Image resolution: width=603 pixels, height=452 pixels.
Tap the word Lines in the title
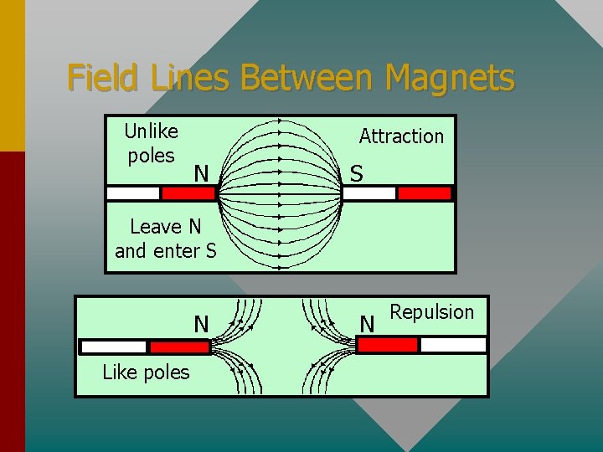192,79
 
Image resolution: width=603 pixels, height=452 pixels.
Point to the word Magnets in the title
450,79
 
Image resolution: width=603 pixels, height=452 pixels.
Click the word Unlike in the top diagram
151,131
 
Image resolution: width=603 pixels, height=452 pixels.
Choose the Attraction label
401,136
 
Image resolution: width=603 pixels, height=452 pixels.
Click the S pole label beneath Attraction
357,174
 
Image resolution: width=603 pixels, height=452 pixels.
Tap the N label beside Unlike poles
201,174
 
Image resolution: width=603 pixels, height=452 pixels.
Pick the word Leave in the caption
156,227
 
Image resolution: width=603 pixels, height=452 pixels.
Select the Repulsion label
432,312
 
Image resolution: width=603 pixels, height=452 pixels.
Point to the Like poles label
146,372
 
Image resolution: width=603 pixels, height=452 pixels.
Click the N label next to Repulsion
367,323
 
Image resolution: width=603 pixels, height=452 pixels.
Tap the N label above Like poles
201,323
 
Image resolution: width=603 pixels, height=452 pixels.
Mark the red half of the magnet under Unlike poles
188,193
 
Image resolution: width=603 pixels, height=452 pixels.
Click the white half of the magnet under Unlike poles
133,193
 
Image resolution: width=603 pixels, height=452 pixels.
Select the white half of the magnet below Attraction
369,193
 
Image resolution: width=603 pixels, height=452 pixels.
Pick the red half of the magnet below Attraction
424,193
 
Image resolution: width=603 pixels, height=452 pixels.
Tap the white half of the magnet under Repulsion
453,345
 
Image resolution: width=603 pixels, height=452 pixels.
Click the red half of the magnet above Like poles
179,347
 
